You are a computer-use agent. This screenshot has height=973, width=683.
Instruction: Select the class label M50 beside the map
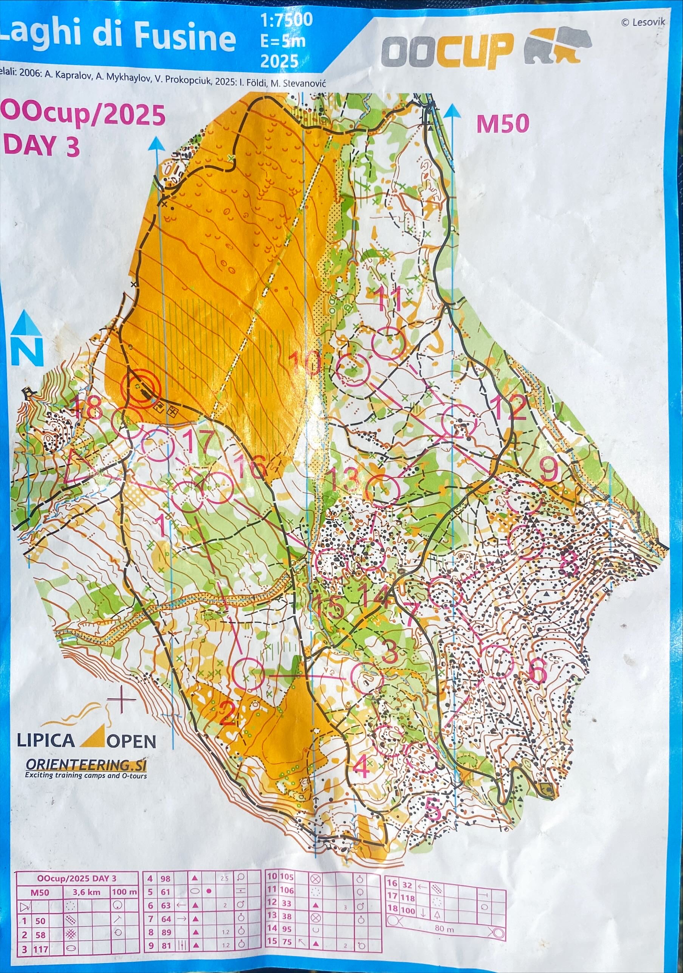click(503, 124)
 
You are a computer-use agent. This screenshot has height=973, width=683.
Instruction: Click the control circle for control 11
click(387, 343)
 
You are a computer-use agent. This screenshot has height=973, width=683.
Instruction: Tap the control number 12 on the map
click(511, 407)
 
